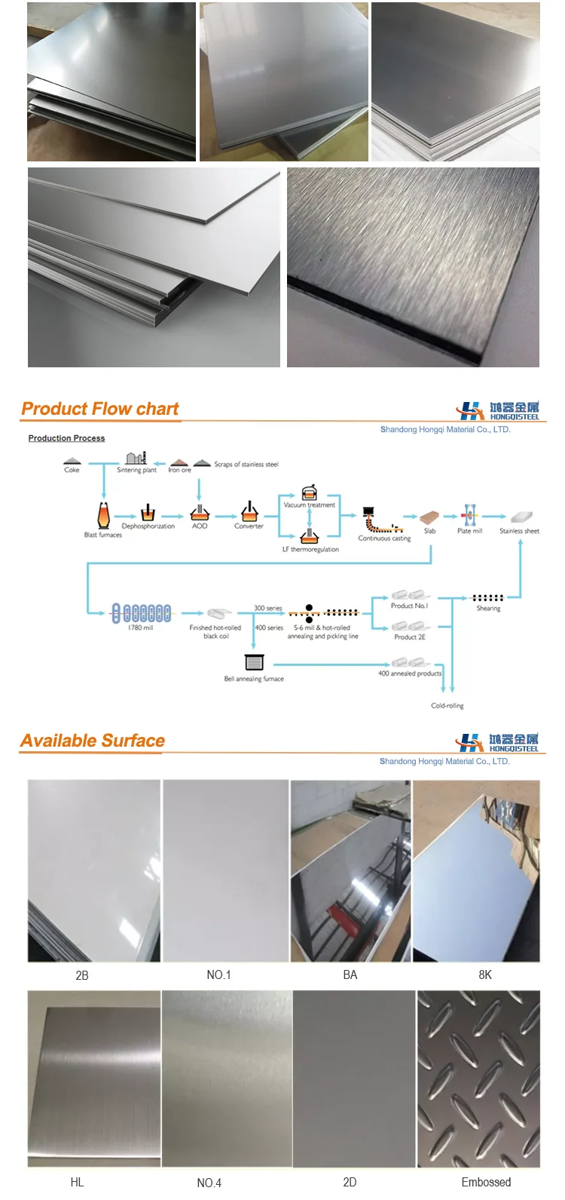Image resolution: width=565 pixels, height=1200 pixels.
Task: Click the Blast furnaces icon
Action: (103, 515)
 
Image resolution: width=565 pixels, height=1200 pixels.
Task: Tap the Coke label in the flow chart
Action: (72, 470)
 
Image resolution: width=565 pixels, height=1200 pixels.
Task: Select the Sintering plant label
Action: (136, 470)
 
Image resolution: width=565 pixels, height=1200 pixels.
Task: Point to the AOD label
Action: (200, 526)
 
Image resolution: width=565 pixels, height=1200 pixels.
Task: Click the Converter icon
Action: (249, 512)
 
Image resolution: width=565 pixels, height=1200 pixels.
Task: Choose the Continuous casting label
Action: (384, 539)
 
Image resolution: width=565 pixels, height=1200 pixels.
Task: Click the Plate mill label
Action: (469, 531)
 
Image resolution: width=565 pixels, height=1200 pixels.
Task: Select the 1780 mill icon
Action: (141, 612)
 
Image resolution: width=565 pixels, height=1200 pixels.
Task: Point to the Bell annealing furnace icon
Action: (255, 662)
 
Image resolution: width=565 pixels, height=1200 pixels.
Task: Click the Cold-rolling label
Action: (447, 706)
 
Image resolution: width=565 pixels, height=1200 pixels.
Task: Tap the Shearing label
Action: (488, 609)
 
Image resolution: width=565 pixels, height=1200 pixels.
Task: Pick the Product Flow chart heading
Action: (100, 410)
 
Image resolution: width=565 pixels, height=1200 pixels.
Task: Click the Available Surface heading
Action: (93, 741)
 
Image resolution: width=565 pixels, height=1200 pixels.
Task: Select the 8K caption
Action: (485, 975)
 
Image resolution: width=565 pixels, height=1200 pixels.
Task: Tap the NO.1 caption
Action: (218, 975)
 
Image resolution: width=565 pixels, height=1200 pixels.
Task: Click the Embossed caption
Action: (486, 1182)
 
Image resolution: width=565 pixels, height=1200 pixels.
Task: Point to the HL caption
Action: (77, 1182)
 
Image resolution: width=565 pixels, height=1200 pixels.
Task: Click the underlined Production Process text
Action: (66, 438)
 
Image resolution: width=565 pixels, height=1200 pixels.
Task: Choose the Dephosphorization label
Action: (148, 526)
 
